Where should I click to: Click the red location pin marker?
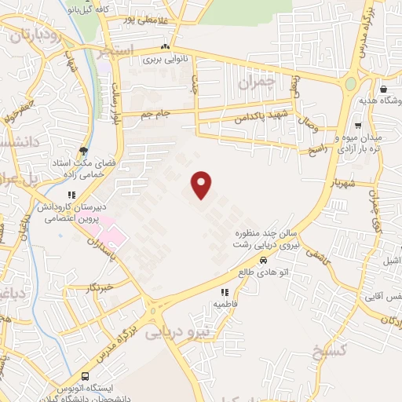203,184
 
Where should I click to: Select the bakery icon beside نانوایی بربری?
163,47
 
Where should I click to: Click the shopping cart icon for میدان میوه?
357,125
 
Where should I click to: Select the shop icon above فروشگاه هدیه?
382,90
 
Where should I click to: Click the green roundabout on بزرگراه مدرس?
350,83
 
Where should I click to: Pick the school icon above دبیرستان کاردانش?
70,195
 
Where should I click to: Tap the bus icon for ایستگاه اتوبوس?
84,377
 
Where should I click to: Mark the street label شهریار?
344,183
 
